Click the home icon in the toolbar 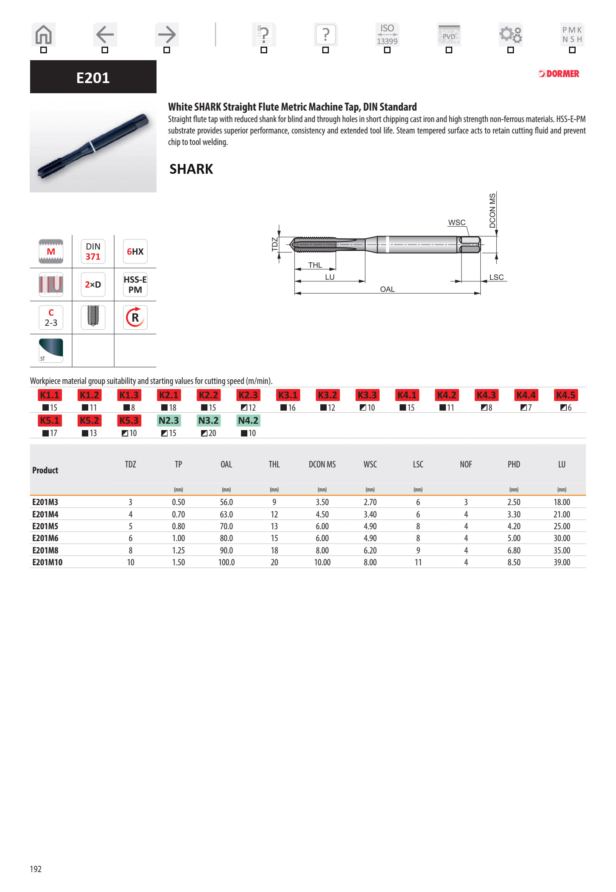click(43, 35)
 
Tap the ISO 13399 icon click(387, 35)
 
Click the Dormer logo click(559, 74)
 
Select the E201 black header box click(93, 77)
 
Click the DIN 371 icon click(93, 251)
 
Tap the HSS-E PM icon click(135, 284)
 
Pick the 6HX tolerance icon click(135, 251)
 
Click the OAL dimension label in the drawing click(387, 289)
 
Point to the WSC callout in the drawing click(456, 222)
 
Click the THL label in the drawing click(315, 265)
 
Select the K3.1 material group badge click(288, 395)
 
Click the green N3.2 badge click(208, 420)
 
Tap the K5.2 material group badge click(89, 420)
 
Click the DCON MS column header click(322, 464)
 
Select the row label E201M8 click(45, 550)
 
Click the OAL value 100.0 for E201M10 click(226, 562)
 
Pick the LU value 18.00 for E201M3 click(561, 502)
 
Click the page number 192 click(36, 869)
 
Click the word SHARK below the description click(191, 169)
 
